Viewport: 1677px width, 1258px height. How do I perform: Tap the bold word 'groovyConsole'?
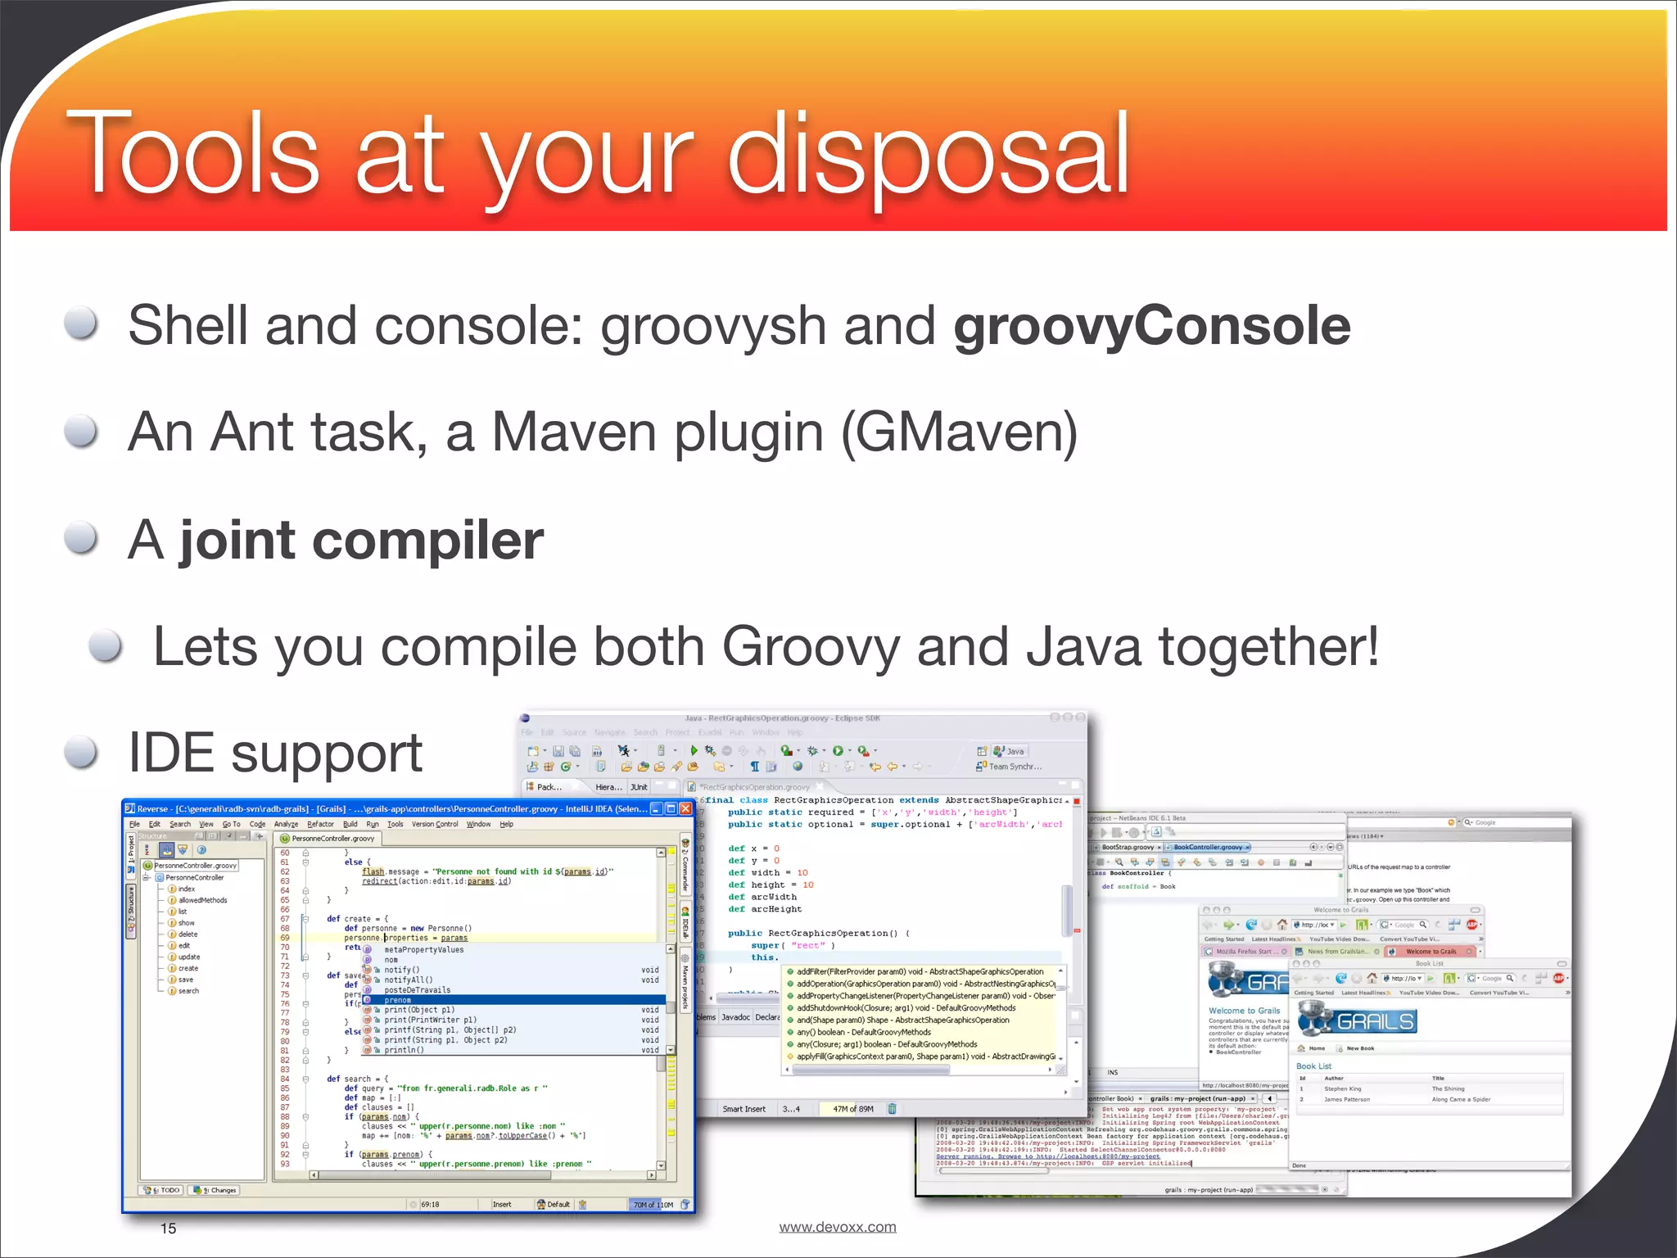pyautogui.click(x=1151, y=326)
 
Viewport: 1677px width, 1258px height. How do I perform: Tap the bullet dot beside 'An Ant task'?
pyautogui.click(x=82, y=432)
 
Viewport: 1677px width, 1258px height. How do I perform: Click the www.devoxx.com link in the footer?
pyautogui.click(x=837, y=1227)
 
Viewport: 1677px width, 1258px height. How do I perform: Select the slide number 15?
pyautogui.click(x=168, y=1229)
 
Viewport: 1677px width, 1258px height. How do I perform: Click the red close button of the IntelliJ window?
pyautogui.click(x=685, y=809)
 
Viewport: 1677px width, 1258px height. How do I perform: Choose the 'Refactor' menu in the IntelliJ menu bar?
pyautogui.click(x=320, y=825)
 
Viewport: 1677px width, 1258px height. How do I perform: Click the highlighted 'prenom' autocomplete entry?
pyautogui.click(x=398, y=1000)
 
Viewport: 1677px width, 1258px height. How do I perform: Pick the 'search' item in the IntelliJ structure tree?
pyautogui.click(x=188, y=991)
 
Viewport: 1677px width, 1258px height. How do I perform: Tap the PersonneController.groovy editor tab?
pyautogui.click(x=332, y=839)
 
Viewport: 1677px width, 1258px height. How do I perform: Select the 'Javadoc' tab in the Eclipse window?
pyautogui.click(x=735, y=1017)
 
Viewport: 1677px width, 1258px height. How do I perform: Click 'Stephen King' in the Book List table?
pyautogui.click(x=1342, y=1089)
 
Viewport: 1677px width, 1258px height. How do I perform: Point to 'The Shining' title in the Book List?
pyautogui.click(x=1448, y=1089)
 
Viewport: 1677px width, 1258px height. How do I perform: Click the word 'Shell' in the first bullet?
pyautogui.click(x=188, y=326)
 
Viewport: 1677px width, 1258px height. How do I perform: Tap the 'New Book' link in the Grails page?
pyautogui.click(x=1360, y=1048)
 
